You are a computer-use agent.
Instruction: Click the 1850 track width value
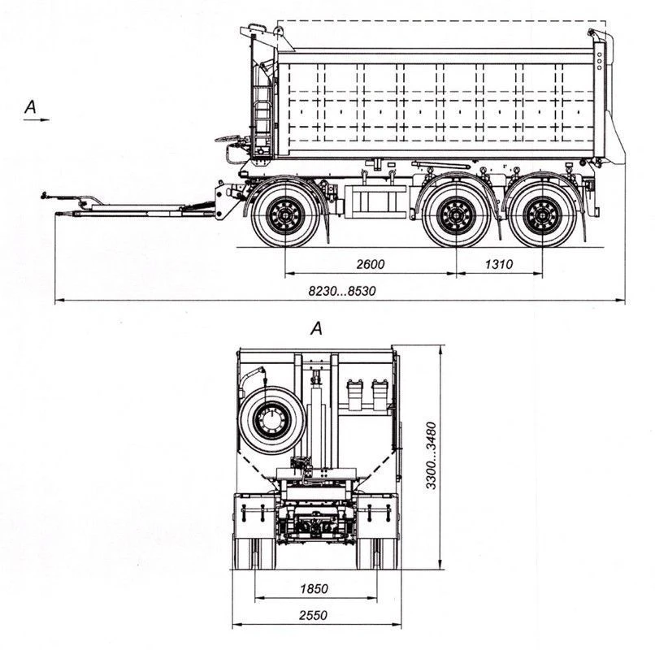pyautogui.click(x=313, y=588)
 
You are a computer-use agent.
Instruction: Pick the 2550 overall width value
pyautogui.click(x=312, y=615)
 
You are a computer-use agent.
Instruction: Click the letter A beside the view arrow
pyautogui.click(x=31, y=106)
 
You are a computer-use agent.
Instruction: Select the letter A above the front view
pyautogui.click(x=317, y=328)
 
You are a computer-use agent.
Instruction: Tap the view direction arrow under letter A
pyautogui.click(x=37, y=119)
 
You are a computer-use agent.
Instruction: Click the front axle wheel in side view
pyautogui.click(x=285, y=216)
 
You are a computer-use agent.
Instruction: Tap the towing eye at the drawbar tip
pyautogui.click(x=46, y=195)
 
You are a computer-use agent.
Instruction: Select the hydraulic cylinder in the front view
pyautogui.click(x=315, y=406)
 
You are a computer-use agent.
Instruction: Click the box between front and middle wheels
pyautogui.click(x=376, y=200)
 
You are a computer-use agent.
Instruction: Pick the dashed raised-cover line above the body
pyautogui.click(x=439, y=20)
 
